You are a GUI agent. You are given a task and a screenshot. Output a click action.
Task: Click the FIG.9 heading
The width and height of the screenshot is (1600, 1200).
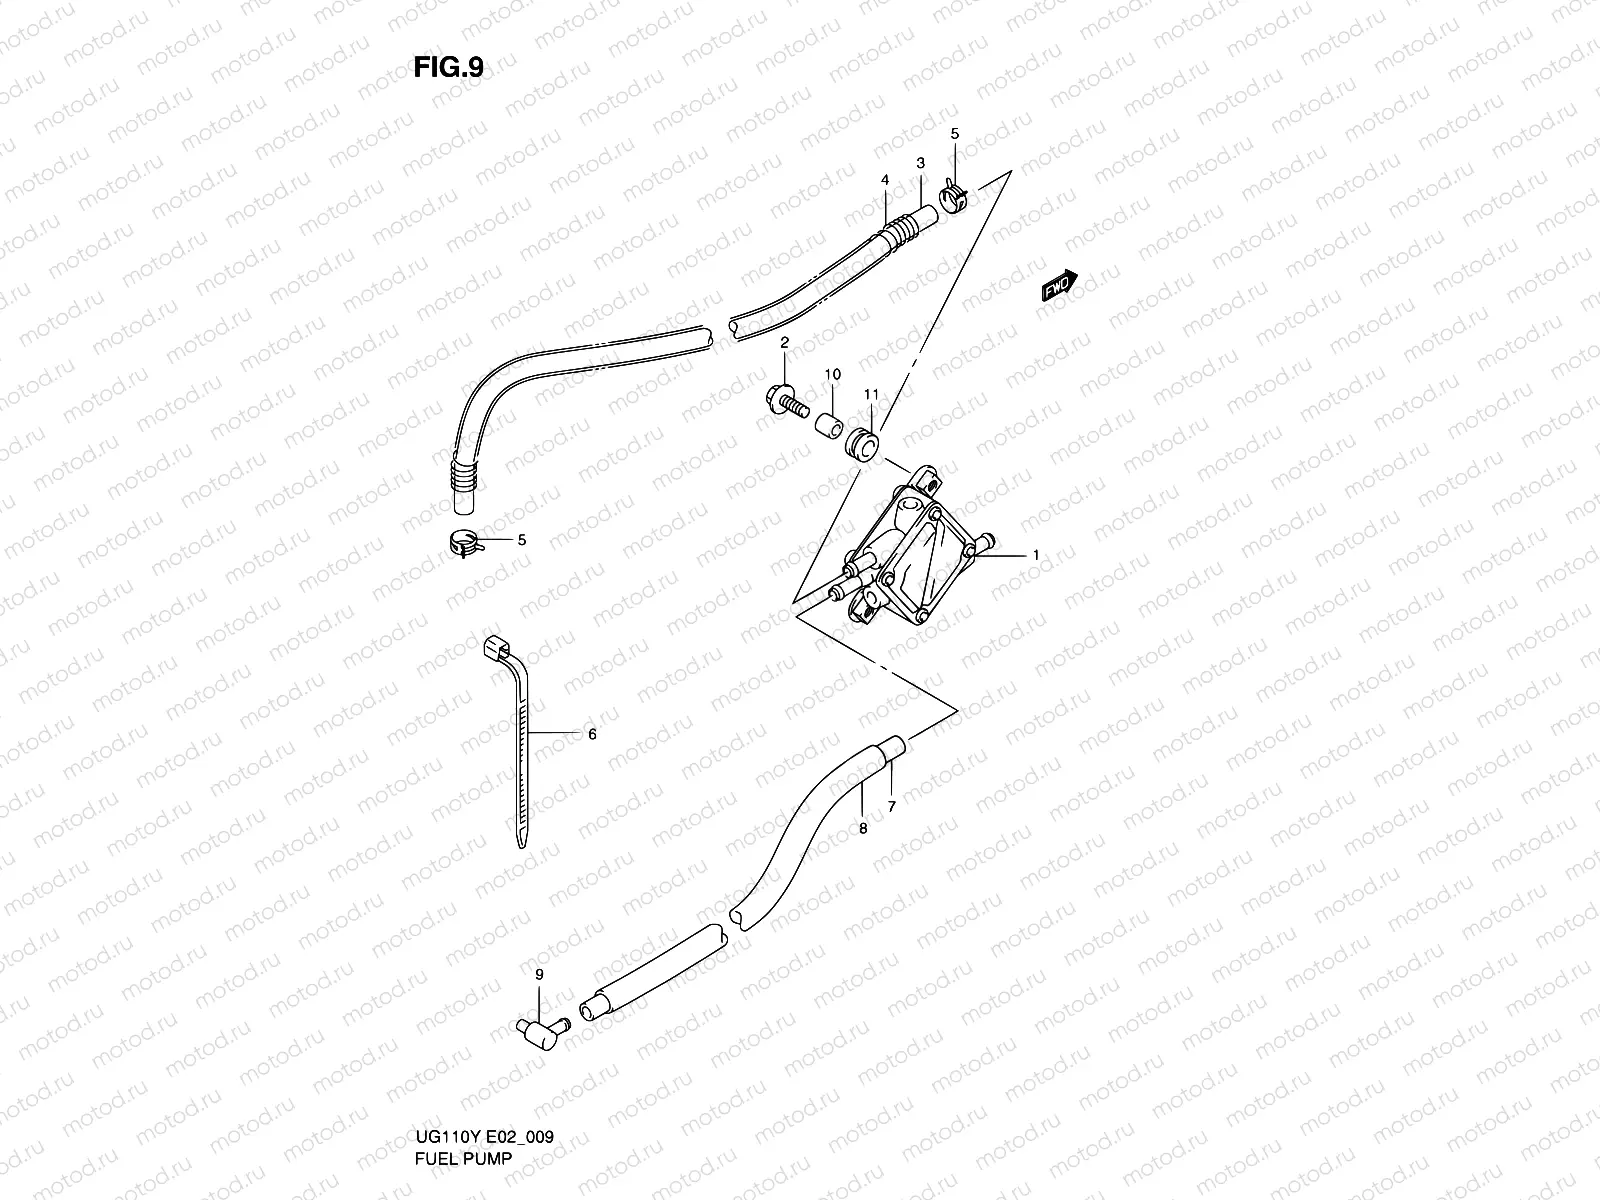(x=449, y=67)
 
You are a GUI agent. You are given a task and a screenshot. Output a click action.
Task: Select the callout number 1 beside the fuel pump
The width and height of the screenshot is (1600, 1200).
(x=1037, y=554)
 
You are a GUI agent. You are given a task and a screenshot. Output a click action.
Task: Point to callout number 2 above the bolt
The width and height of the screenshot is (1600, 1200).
(x=785, y=343)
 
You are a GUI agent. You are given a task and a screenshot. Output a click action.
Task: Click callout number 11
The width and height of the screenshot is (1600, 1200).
(x=871, y=396)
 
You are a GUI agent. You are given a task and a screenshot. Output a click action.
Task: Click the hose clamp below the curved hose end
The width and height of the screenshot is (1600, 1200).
(x=462, y=544)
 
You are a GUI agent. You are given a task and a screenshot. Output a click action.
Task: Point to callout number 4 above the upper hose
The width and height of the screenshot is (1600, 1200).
(x=885, y=180)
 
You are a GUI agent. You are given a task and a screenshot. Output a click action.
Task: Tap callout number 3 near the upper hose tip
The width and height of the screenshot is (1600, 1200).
(x=920, y=163)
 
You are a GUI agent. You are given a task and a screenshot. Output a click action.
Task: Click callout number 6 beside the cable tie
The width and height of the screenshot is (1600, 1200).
(x=592, y=734)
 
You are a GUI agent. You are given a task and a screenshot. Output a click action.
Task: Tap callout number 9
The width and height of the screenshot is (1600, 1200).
(x=539, y=974)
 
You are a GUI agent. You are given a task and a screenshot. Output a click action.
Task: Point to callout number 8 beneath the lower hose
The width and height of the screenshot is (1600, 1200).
(x=863, y=828)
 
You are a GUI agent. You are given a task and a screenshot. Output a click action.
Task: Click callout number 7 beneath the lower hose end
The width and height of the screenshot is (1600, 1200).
(x=891, y=806)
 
